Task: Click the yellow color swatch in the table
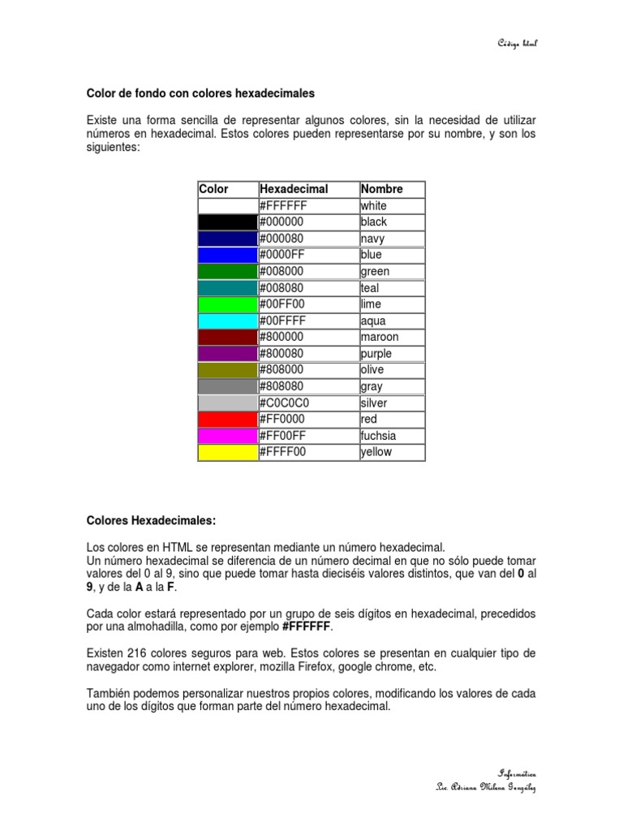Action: (227, 452)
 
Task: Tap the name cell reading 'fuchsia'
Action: (378, 436)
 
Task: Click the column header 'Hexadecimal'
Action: (294, 189)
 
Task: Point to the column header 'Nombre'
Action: (381, 189)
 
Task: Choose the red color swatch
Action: (227, 420)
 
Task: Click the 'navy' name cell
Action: (372, 239)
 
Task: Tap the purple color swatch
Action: (227, 354)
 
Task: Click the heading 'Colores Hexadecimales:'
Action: (151, 519)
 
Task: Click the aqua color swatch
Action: (227, 321)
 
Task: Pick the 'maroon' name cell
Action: (380, 337)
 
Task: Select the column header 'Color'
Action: (213, 189)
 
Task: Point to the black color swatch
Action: (227, 222)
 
